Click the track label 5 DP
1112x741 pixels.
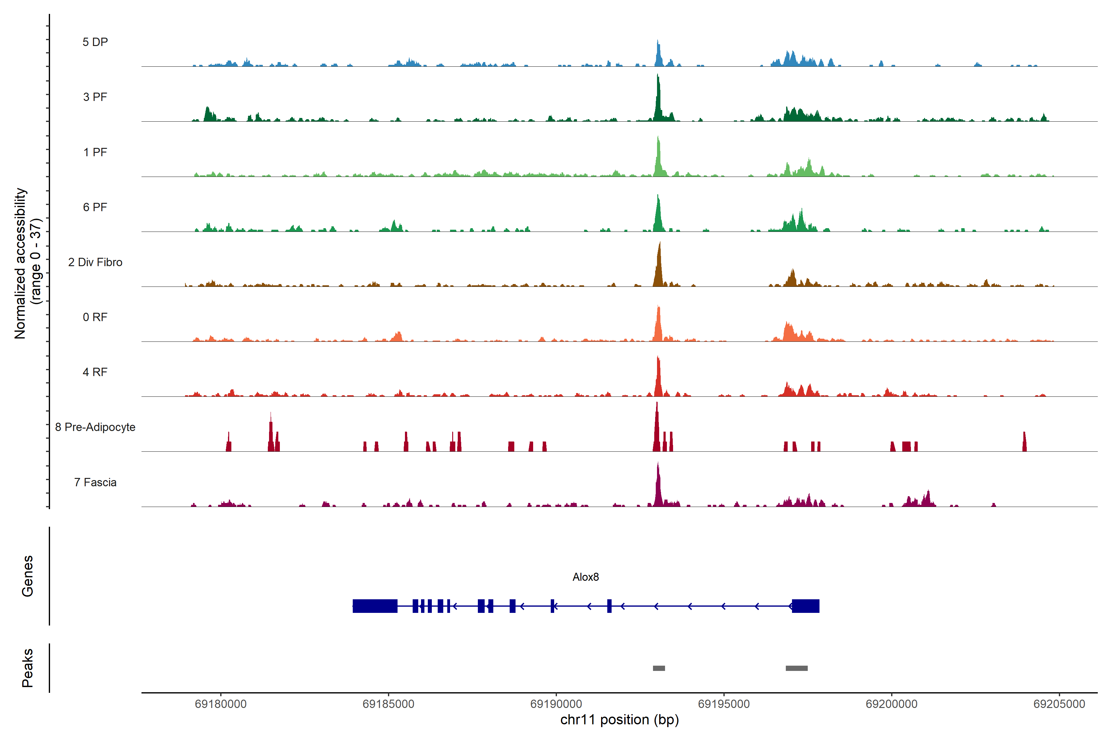[x=95, y=42]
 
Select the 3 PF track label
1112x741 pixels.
[x=95, y=97]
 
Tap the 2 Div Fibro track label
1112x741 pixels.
[x=95, y=262]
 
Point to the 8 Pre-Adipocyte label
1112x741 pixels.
[x=95, y=427]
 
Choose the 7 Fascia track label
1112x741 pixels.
[x=95, y=483]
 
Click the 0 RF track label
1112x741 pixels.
[x=95, y=317]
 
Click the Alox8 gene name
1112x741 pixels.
[x=585, y=577]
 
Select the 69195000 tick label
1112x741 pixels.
[x=723, y=704]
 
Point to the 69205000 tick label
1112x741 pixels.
[x=1059, y=704]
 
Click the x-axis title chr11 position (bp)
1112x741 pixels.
[x=619, y=720]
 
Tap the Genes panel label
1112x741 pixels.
[x=27, y=576]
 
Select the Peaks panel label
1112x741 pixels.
[x=27, y=668]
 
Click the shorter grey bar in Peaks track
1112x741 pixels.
[x=659, y=668]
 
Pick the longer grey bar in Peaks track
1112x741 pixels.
[x=797, y=668]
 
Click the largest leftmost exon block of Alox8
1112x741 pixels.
[x=375, y=606]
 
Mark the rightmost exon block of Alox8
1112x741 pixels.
[x=806, y=606]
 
